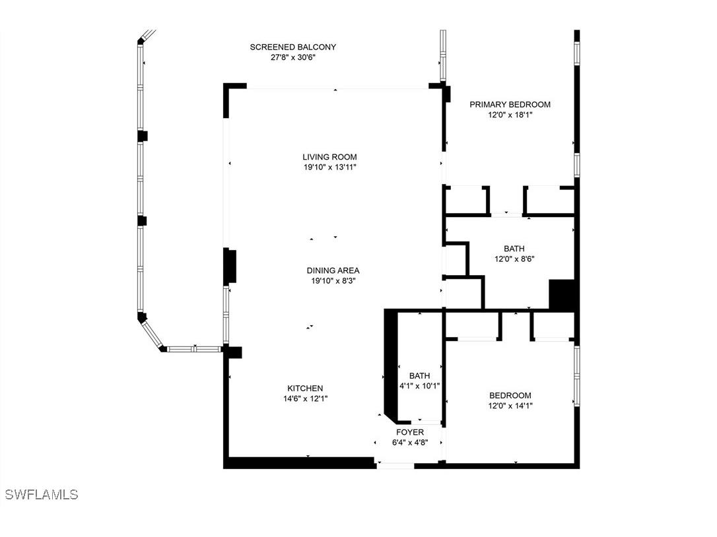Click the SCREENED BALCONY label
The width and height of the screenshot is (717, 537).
pos(292,47)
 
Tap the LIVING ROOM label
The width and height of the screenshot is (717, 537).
pos(329,157)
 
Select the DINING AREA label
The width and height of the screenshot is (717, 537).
pos(333,270)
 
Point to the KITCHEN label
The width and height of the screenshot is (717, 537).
pos(305,388)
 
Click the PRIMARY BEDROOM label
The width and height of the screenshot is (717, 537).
pos(510,104)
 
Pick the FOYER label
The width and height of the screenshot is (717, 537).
pos(410,432)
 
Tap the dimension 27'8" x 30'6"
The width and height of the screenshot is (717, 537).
pos(292,57)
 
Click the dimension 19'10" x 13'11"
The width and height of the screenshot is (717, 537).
pos(329,168)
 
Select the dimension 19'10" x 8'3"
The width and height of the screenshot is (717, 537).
pos(333,281)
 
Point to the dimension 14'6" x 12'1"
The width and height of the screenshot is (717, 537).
pos(305,398)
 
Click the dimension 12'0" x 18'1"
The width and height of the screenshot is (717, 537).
pos(510,115)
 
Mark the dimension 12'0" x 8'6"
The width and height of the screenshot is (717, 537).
pos(514,259)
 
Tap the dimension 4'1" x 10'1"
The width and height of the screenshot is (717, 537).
pos(419,387)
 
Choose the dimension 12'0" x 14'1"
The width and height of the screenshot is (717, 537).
pos(510,406)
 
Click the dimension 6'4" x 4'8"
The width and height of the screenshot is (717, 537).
pos(410,443)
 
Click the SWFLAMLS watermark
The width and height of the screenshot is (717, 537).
pos(41,494)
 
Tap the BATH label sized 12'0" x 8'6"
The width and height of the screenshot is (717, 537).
pos(514,249)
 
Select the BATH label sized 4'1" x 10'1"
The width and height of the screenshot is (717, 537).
pos(419,376)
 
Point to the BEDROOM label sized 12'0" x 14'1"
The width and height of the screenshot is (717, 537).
pos(510,396)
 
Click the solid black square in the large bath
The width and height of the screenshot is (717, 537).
pos(563,295)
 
